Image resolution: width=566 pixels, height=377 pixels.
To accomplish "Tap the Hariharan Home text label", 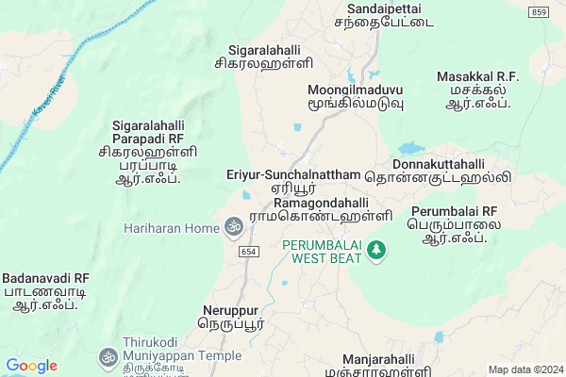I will tap(170, 228).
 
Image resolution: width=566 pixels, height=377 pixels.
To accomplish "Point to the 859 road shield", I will tap(539, 10).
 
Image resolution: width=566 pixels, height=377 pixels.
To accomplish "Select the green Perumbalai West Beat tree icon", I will tap(377, 250).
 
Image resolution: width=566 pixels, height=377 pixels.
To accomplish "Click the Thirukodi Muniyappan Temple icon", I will tap(107, 357).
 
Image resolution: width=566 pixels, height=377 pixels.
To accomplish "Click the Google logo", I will tap(32, 365).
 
